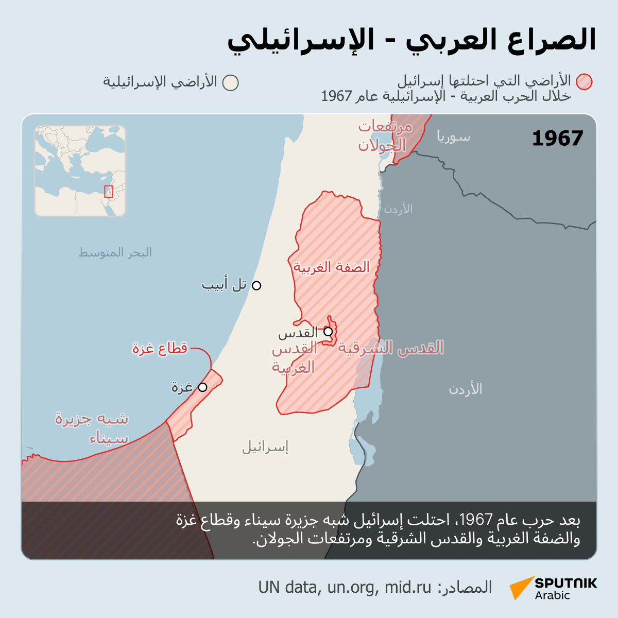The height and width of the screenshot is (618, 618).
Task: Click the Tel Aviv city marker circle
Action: tap(256, 285)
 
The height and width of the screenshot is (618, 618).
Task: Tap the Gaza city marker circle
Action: tap(202, 387)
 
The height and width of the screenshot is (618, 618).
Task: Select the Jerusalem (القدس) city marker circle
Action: tap(328, 332)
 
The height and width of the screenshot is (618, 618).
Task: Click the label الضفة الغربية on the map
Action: tap(332, 267)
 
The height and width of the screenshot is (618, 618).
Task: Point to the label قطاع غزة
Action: tap(160, 349)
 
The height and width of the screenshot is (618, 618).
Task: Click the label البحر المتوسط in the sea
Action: tap(115, 252)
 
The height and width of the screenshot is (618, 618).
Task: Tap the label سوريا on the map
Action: tap(453, 137)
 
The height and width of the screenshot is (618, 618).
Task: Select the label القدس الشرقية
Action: tap(390, 348)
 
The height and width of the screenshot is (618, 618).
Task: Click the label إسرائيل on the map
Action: tap(265, 447)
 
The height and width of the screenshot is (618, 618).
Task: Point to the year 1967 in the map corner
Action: tap(557, 139)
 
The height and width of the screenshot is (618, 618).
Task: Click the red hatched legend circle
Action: tap(585, 82)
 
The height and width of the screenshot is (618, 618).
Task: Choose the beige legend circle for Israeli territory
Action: tap(231, 83)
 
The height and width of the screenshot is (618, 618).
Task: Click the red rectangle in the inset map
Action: tap(109, 192)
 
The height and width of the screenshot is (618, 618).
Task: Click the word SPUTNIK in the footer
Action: tap(565, 583)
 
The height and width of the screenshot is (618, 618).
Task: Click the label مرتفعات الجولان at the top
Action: tap(385, 136)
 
